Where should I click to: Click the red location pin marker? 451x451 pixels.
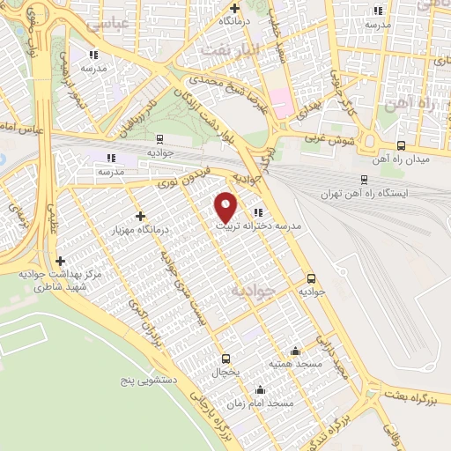226,206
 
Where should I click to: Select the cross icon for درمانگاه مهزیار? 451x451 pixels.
140,216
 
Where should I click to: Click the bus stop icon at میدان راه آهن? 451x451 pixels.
402,146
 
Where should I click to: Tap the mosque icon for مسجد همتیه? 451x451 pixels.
295,351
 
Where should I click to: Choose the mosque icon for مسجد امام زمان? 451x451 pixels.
260,390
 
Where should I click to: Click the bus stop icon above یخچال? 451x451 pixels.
226,359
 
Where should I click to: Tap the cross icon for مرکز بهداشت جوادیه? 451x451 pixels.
60,261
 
